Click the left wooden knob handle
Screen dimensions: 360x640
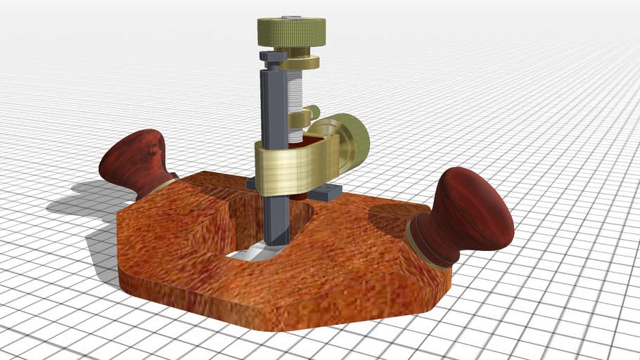point(135,160)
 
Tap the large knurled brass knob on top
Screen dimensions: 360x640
point(290,32)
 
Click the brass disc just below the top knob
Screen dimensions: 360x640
point(300,62)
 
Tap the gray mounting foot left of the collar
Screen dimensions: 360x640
point(251,184)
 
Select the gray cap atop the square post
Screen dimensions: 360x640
point(271,56)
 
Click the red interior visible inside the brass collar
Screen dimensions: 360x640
point(294,149)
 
